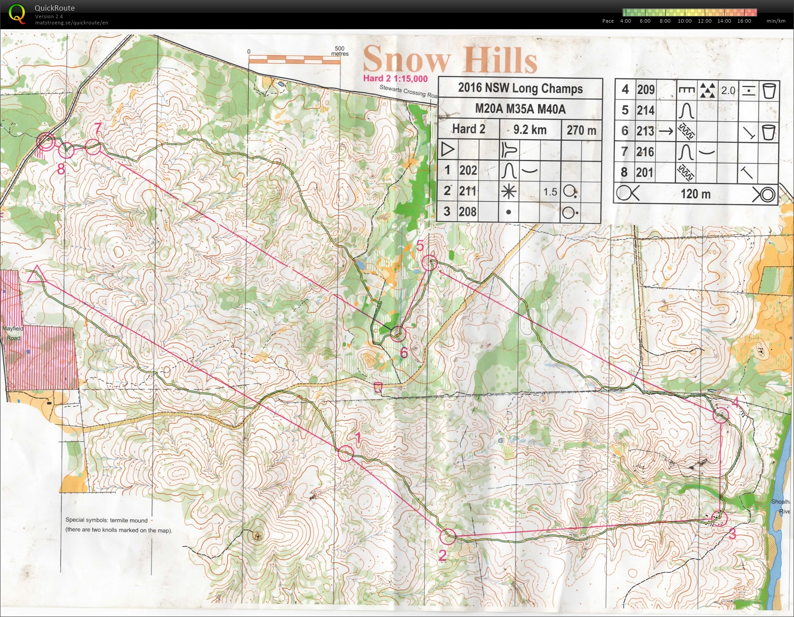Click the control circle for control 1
click(345, 454)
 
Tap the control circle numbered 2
click(448, 536)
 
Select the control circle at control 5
click(429, 263)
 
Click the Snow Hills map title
click(449, 60)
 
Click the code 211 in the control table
click(468, 191)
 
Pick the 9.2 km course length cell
click(529, 130)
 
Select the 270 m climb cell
click(581, 130)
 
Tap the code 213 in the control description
click(645, 131)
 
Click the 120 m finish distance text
click(695, 194)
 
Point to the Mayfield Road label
click(13, 333)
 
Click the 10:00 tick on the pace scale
click(684, 21)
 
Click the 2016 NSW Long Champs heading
click(520, 88)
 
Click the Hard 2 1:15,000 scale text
click(395, 79)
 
